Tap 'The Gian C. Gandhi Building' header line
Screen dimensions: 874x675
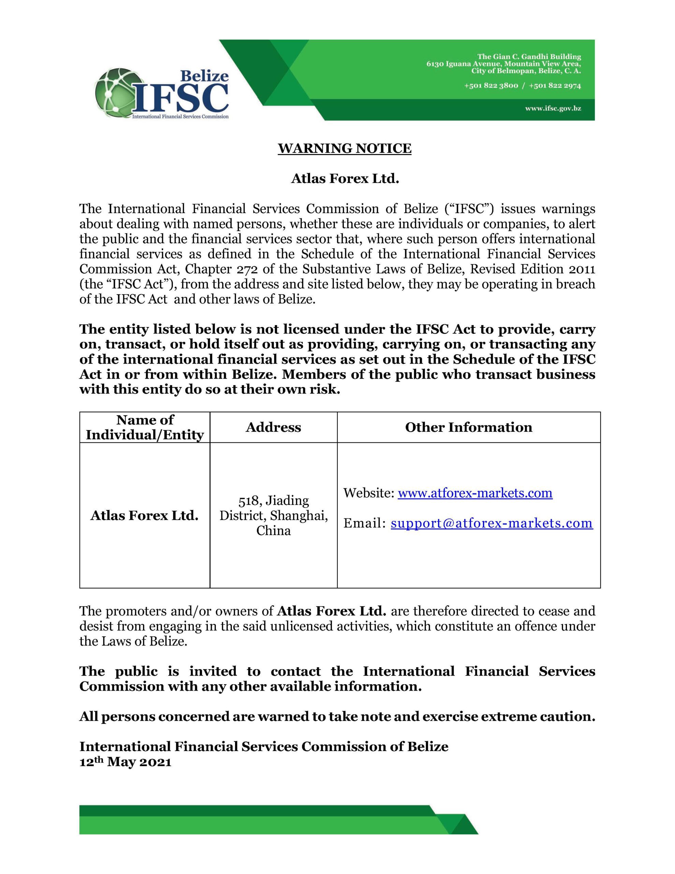(x=529, y=56)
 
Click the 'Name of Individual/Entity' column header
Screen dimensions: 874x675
(x=145, y=427)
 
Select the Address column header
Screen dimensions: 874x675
(x=273, y=427)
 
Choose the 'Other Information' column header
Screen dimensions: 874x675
(x=468, y=427)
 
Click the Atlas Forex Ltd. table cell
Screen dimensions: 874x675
(x=144, y=516)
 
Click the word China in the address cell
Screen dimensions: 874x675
(x=274, y=531)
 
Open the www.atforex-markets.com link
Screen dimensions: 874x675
(x=475, y=493)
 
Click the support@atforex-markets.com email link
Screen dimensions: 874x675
(x=491, y=523)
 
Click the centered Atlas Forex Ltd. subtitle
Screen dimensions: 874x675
(x=345, y=179)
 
